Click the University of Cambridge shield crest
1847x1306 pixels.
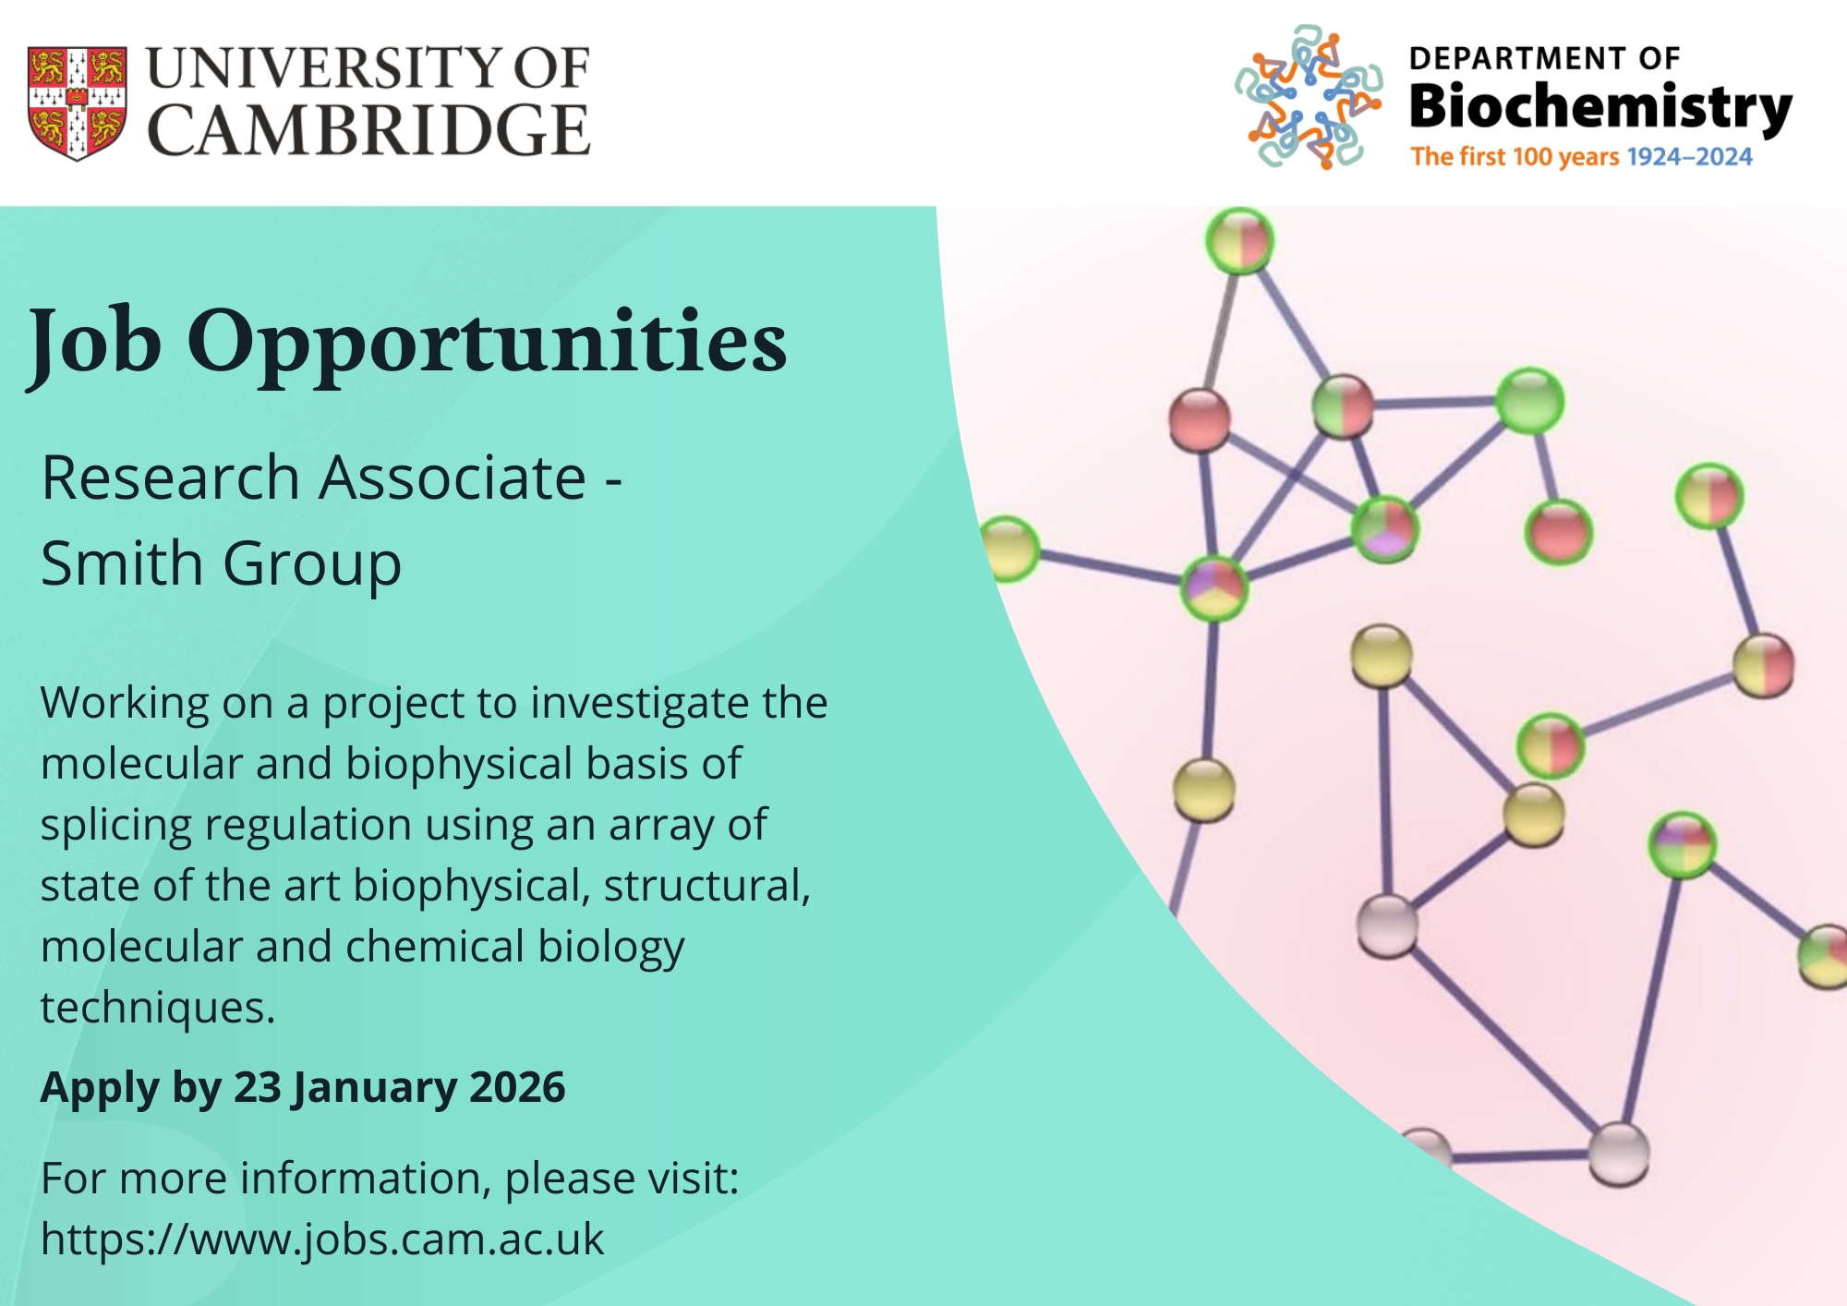tap(78, 103)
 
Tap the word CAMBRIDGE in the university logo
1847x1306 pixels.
tap(368, 129)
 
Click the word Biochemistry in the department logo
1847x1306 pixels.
tap(1600, 108)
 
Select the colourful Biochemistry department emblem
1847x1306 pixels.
tap(1309, 97)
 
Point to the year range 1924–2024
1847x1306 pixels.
tap(1689, 157)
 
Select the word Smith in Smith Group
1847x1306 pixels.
tap(122, 563)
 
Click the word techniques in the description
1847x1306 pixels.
tap(158, 1008)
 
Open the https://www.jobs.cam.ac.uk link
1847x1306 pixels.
tap(322, 1239)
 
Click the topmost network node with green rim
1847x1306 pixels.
tap(1239, 240)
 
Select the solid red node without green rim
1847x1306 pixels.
tap(1200, 419)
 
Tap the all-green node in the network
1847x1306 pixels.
tap(1528, 401)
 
